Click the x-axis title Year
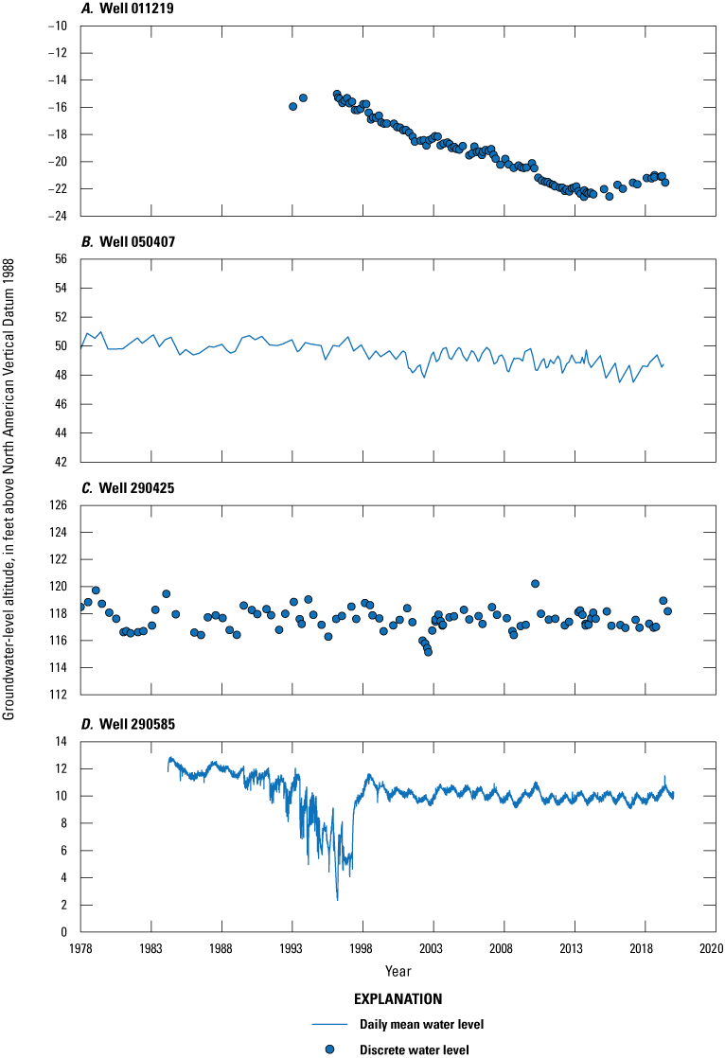tap(398, 972)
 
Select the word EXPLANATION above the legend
tap(397, 998)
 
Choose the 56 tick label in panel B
tap(64, 258)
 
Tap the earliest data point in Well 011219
tap(292, 106)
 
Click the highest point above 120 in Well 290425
tap(535, 584)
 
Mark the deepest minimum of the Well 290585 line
tap(337, 899)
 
